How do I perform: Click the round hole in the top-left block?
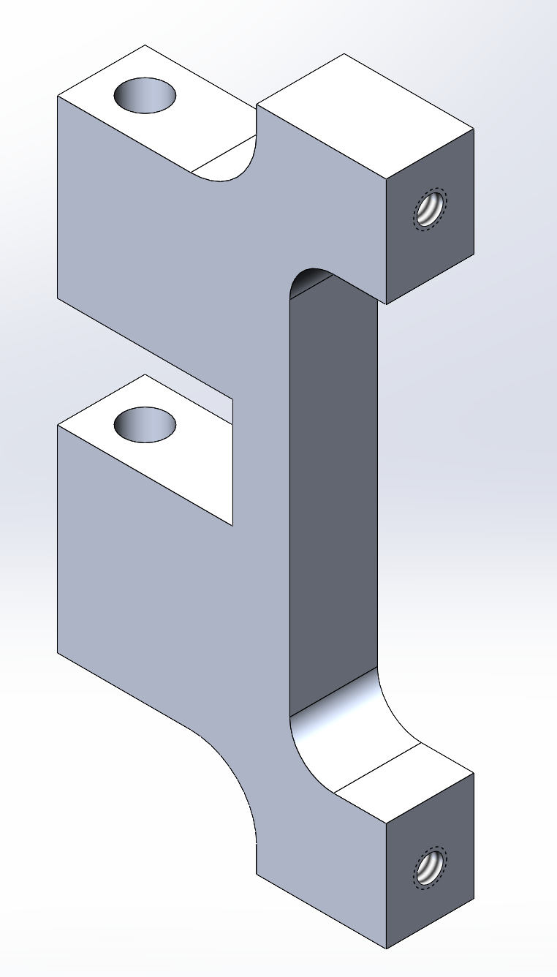[x=145, y=95]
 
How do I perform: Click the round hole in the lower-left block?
[x=145, y=425]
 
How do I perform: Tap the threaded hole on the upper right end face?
[x=431, y=208]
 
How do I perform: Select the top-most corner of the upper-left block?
[x=145, y=45]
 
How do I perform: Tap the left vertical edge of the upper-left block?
[x=58, y=197]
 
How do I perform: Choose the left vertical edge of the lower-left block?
[x=58, y=537]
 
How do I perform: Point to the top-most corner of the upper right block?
[x=344, y=53]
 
